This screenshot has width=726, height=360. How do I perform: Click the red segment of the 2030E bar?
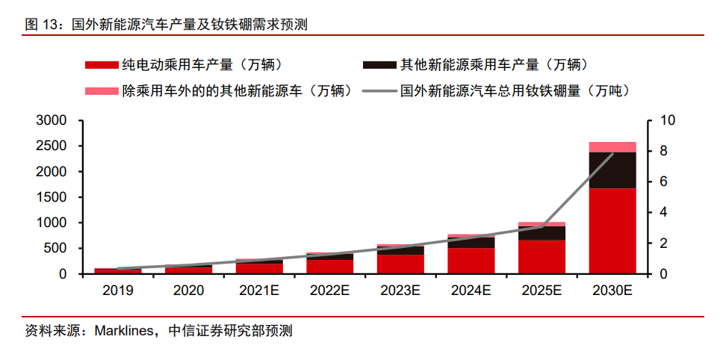coord(612,231)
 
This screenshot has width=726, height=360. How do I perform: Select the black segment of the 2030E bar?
coord(612,170)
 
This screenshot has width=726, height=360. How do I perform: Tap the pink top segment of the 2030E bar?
coord(612,146)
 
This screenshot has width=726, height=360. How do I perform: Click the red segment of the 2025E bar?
coord(542,257)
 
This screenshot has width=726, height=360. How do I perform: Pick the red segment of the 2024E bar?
coord(471,261)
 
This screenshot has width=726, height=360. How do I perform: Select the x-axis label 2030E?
coord(612,290)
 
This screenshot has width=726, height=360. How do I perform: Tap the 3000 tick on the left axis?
coord(52,121)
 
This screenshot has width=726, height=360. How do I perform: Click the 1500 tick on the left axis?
coord(52,197)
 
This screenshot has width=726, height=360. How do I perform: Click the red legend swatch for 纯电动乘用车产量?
coord(102,65)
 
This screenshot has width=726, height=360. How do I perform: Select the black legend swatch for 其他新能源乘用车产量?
coord(379,65)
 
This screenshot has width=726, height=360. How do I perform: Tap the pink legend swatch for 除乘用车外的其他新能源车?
coord(102,91)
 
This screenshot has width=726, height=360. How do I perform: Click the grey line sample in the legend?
coord(379,91)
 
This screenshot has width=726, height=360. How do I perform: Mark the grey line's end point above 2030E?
coord(612,154)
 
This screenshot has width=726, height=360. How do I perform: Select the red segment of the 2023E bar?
coord(400,264)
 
